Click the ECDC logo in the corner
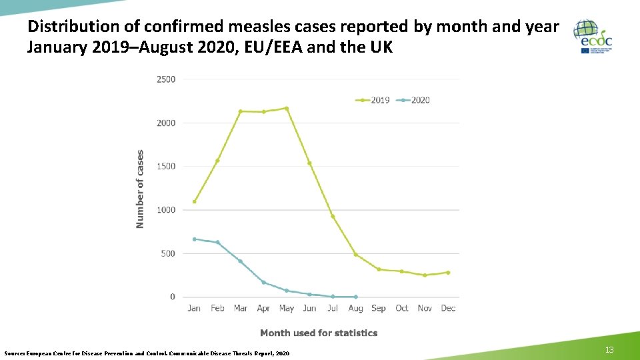(x=593, y=37)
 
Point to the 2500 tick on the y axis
(x=166, y=79)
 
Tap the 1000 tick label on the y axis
(x=166, y=210)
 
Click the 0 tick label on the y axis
(x=173, y=297)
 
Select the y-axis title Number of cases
(x=140, y=189)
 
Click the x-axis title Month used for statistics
(x=319, y=333)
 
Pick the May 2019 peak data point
(x=287, y=108)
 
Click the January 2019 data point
(x=194, y=201)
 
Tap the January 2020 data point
(x=194, y=239)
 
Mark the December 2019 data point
(x=448, y=272)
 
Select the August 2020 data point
(x=356, y=297)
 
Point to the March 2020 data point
(x=241, y=261)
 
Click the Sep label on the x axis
(x=379, y=309)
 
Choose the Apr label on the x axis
(x=263, y=309)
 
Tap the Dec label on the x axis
(x=448, y=309)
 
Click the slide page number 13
(x=609, y=351)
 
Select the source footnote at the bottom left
(x=147, y=353)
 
